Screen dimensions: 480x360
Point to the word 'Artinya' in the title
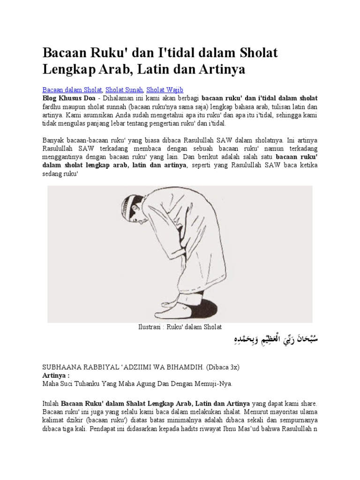pos(221,69)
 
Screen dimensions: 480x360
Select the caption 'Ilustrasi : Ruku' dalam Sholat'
pos(180,327)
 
